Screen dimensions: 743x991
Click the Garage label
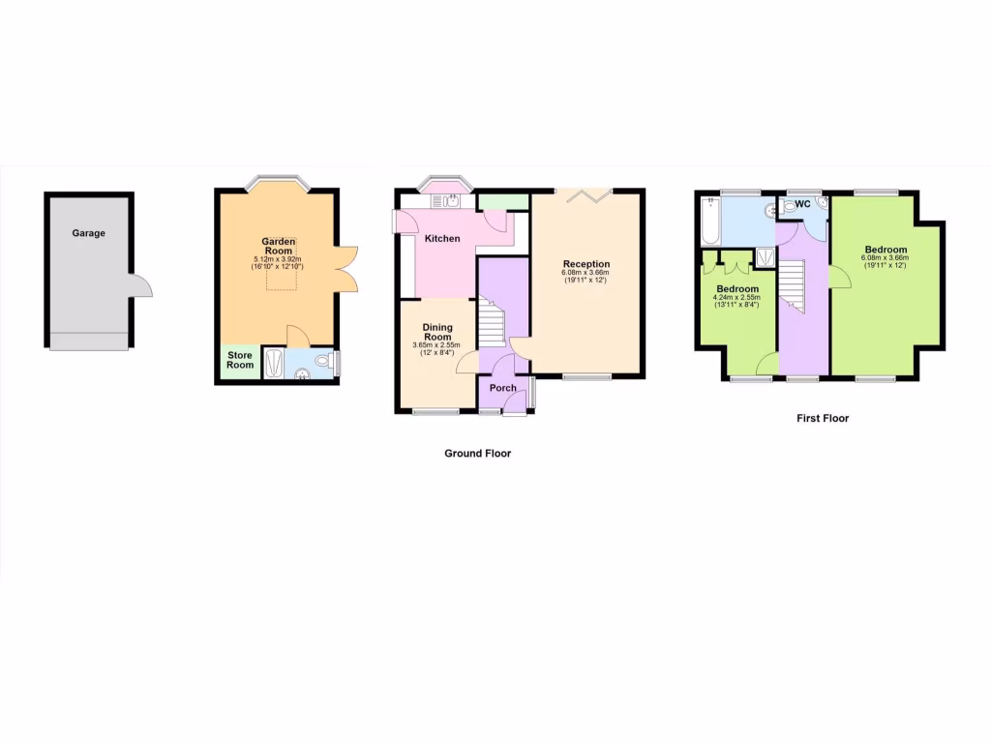tap(88, 233)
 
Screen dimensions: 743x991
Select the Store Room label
tap(240, 360)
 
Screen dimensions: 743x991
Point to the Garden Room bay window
tap(276, 181)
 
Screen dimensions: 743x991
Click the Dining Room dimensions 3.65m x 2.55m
tap(437, 344)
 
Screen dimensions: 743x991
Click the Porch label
tap(502, 388)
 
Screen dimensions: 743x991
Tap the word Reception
tap(586, 263)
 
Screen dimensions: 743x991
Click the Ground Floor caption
tap(477, 453)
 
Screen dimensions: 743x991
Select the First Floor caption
tap(823, 418)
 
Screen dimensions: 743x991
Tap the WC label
tap(802, 204)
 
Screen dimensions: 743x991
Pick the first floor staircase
tap(793, 286)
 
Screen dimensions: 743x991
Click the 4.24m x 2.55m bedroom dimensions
tap(737, 297)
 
